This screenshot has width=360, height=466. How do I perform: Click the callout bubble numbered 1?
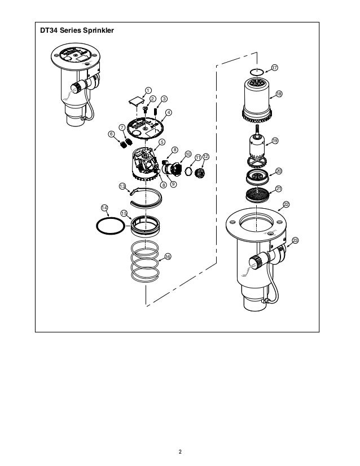click(x=148, y=90)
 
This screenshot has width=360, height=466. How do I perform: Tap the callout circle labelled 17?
click(x=274, y=68)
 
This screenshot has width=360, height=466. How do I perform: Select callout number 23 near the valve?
click(x=295, y=240)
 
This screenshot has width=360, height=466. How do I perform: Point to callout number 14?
click(x=104, y=208)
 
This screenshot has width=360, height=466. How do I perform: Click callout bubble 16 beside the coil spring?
click(x=168, y=257)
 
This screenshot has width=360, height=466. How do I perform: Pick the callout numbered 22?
click(x=286, y=204)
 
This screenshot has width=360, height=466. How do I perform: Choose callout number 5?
click(x=162, y=142)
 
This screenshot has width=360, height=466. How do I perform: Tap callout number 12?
click(x=206, y=157)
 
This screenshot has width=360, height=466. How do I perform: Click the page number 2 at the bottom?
click(x=180, y=452)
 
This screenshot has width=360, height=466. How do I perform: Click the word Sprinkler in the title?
click(x=98, y=30)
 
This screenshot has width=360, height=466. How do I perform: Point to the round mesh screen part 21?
click(x=257, y=195)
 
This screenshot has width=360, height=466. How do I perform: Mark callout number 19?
click(x=275, y=140)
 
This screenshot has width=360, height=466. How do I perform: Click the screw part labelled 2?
click(x=146, y=111)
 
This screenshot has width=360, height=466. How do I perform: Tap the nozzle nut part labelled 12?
click(x=199, y=173)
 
